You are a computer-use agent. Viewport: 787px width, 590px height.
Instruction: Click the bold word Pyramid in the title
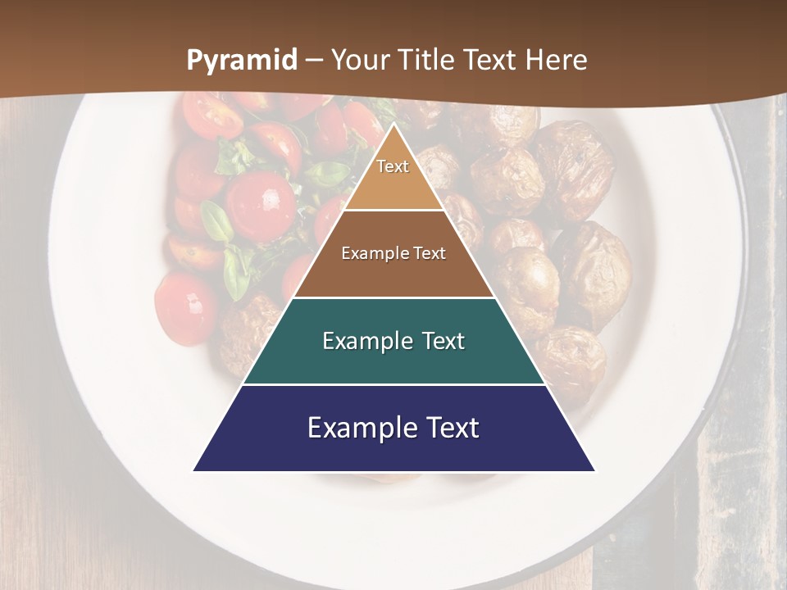[x=242, y=61]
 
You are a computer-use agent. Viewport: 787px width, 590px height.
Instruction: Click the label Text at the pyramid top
[x=393, y=166]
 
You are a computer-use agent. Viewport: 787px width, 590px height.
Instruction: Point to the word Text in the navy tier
[x=452, y=428]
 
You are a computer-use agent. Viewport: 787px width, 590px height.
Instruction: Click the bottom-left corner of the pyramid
[x=194, y=470]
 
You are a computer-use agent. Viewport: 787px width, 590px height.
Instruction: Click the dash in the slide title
[x=314, y=61]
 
